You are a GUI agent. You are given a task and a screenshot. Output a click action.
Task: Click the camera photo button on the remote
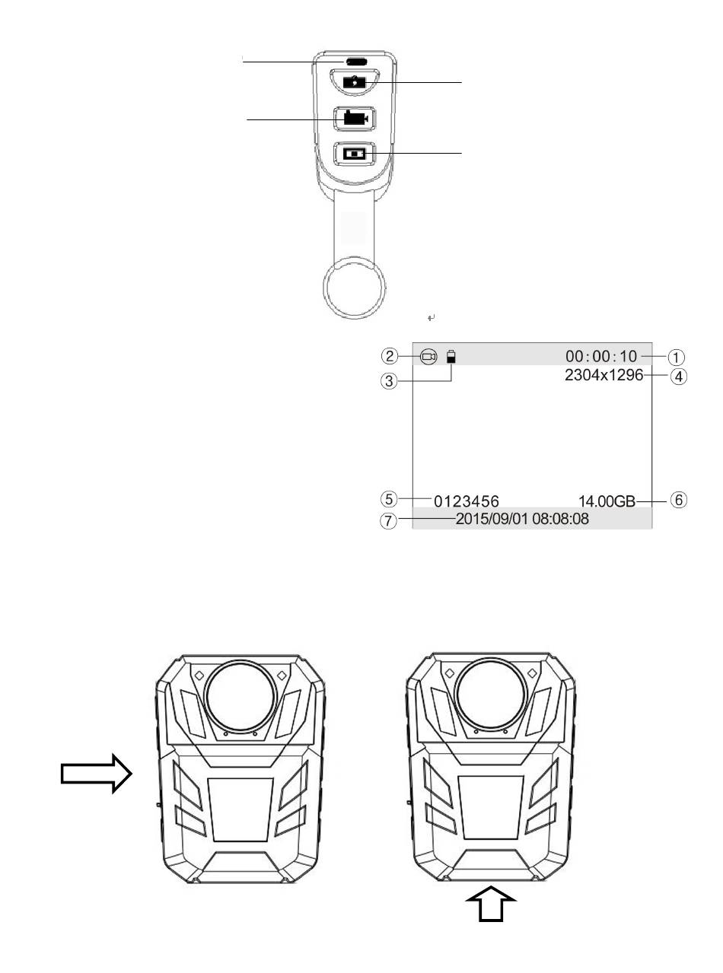[x=354, y=82]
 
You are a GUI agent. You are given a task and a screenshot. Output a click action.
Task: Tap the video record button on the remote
[x=355, y=119]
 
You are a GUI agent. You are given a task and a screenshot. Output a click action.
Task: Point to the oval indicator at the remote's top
[x=356, y=62]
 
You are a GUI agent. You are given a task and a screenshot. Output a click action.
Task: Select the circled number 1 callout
[x=676, y=358]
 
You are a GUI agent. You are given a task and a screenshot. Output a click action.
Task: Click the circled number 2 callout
[x=390, y=356]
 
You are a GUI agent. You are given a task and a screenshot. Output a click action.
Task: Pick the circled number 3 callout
[x=388, y=381]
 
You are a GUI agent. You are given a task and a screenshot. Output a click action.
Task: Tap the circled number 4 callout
[x=679, y=377]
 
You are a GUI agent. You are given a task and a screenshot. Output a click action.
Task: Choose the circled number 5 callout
[x=389, y=499]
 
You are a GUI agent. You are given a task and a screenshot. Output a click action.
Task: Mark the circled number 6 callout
[x=679, y=500]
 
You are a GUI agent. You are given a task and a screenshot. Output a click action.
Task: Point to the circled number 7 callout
[x=388, y=521]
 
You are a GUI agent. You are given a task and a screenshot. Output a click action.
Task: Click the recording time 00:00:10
[x=601, y=356]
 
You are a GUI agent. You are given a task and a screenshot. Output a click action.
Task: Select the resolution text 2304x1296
[x=604, y=376]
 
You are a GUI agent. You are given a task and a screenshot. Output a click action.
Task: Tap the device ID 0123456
[x=467, y=501]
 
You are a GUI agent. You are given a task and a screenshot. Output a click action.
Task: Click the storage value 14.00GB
[x=607, y=501]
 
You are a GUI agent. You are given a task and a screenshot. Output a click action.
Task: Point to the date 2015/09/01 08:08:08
[x=522, y=519]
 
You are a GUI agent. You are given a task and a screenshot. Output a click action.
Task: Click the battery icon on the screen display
[x=451, y=357]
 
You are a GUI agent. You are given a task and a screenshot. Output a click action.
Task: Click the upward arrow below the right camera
[x=491, y=903]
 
